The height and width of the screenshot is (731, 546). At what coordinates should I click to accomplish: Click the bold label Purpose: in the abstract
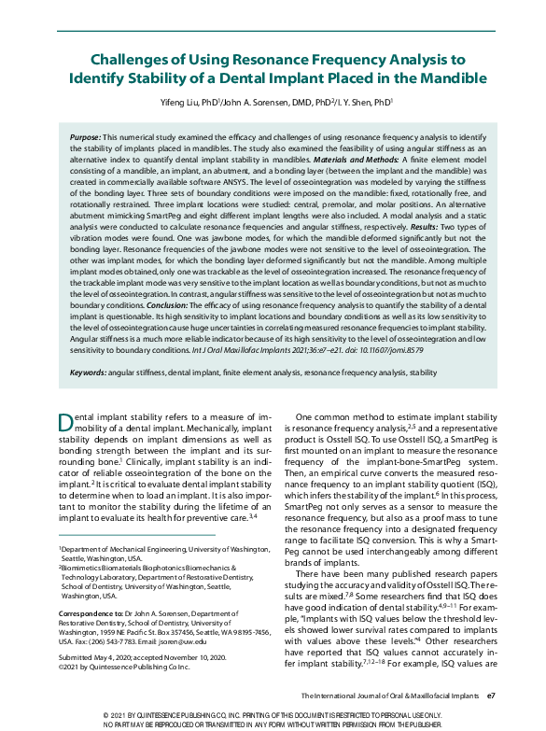[x=86, y=138]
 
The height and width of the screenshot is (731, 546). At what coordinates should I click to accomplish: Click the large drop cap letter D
[x=65, y=422]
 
